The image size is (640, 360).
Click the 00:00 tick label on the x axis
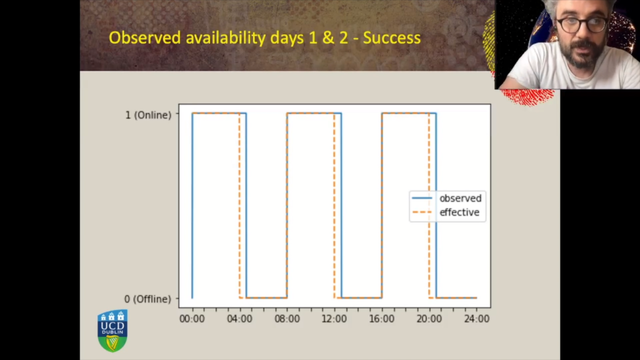click(x=192, y=319)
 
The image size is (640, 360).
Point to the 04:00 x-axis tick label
click(x=239, y=319)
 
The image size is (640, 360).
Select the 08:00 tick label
click(x=287, y=319)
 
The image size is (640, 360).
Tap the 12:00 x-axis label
click(x=334, y=319)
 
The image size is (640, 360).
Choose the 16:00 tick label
click(x=382, y=319)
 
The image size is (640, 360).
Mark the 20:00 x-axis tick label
click(x=429, y=319)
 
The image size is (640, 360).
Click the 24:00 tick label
click(x=476, y=319)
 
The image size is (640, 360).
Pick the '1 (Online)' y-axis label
click(x=148, y=115)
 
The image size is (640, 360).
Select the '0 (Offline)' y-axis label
click(x=147, y=299)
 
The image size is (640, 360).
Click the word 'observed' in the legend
click(x=461, y=198)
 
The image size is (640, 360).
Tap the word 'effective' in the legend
click(x=459, y=212)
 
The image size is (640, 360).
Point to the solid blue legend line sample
click(x=422, y=198)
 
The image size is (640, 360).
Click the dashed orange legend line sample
click(x=422, y=212)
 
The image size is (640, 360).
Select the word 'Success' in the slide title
click(x=392, y=37)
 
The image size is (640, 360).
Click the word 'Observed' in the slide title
click(x=145, y=37)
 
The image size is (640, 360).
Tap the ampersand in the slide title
click(x=328, y=37)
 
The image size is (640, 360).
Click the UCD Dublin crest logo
click(x=112, y=331)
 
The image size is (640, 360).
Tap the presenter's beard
click(x=583, y=55)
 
